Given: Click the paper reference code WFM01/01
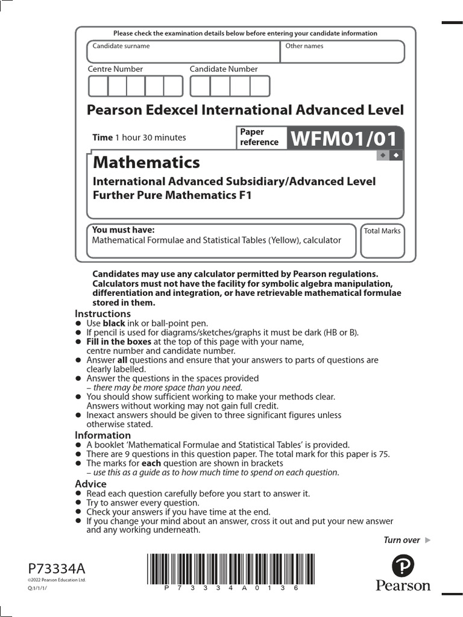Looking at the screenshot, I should click(x=344, y=139).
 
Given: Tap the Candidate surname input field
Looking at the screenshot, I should click(x=183, y=52).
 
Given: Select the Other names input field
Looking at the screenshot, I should click(x=342, y=52).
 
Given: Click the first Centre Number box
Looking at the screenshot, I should click(x=98, y=87).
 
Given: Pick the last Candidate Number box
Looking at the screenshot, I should click(x=260, y=87).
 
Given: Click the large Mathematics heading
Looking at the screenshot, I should click(x=146, y=163).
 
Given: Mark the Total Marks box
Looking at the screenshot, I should click(x=382, y=242).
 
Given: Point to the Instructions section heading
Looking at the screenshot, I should click(x=102, y=313).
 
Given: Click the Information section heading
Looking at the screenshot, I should click(x=102, y=435).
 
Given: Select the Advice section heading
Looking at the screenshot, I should click(x=90, y=484).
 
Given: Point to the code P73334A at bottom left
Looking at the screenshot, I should click(x=57, y=568).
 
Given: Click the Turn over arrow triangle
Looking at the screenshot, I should click(x=428, y=540).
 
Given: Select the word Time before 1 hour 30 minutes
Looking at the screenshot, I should click(x=102, y=137).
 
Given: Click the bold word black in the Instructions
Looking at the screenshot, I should click(x=114, y=324).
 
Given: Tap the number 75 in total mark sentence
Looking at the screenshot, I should click(x=384, y=454).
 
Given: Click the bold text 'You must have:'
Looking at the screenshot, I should click(x=123, y=230).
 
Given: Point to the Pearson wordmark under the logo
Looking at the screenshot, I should click(x=403, y=586).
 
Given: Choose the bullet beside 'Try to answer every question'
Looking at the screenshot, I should click(x=78, y=503).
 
